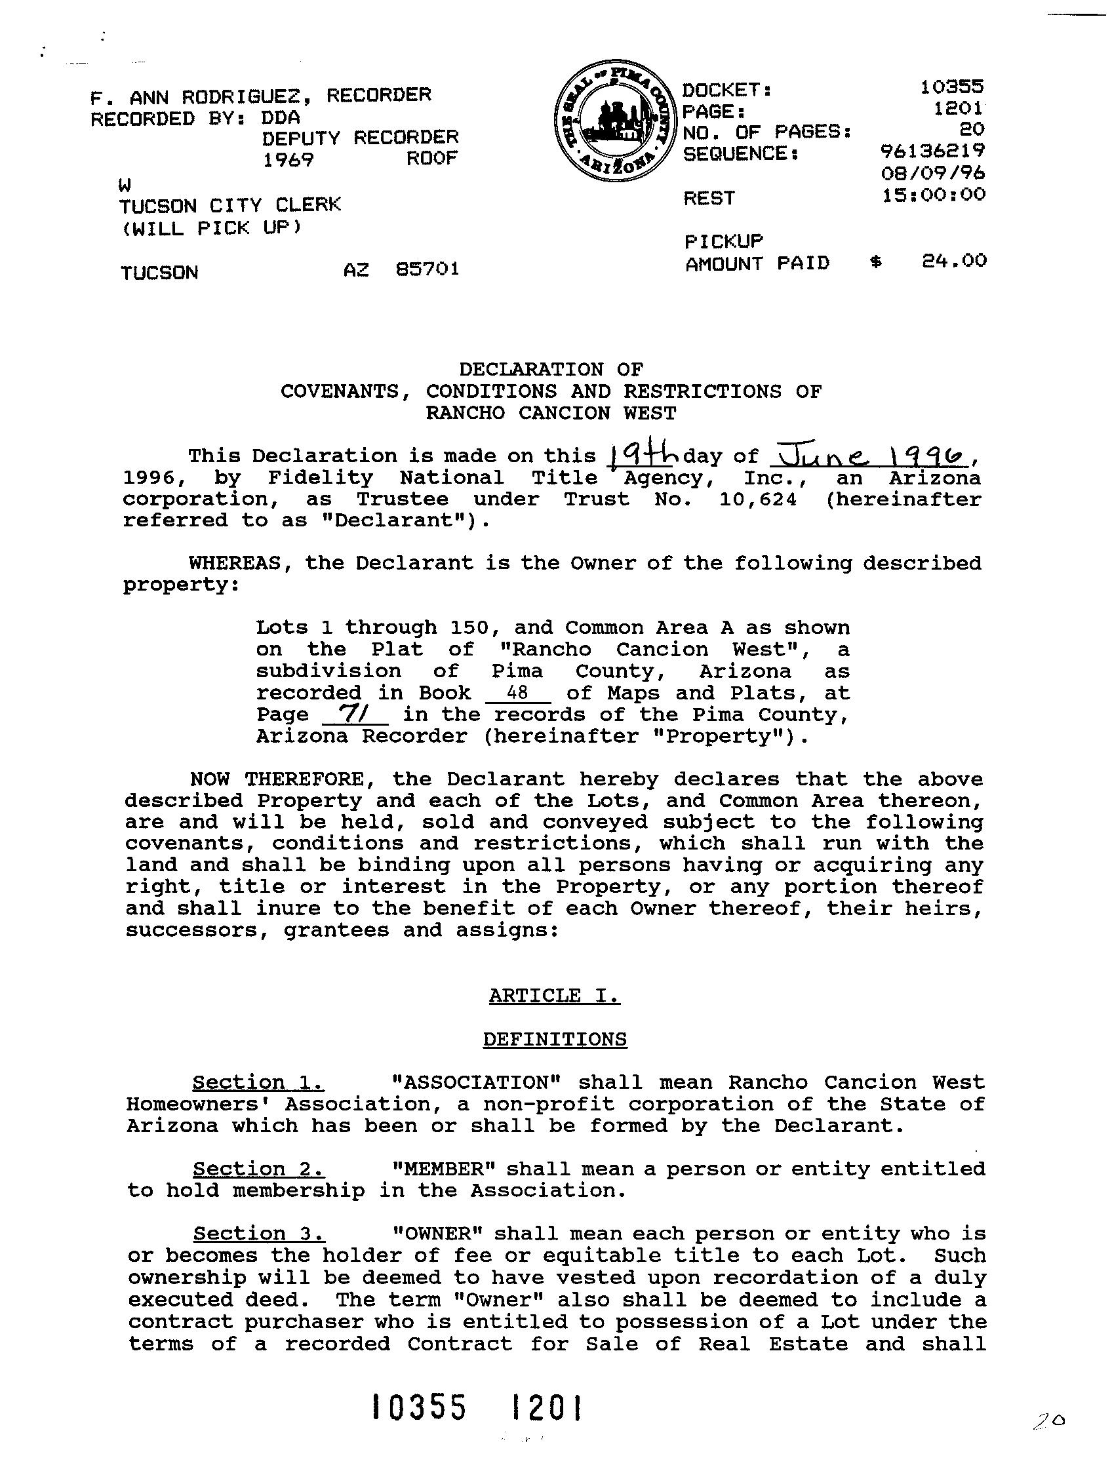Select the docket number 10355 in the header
[x=951, y=87]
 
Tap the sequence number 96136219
[x=932, y=151]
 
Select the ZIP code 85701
[x=427, y=269]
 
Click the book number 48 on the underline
[x=517, y=692]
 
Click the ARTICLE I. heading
[x=554, y=995]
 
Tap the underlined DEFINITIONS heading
[x=554, y=1040]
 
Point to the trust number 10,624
[x=757, y=499]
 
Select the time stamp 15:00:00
[x=933, y=195]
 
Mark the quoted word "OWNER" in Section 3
[x=437, y=1233]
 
